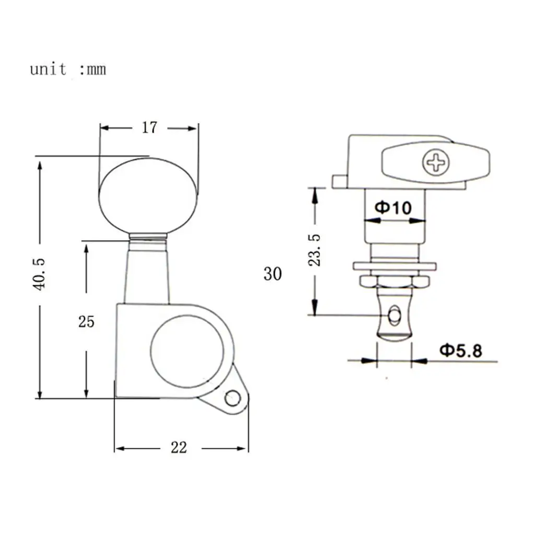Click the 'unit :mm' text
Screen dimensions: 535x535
point(68,69)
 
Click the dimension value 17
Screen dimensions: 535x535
point(149,127)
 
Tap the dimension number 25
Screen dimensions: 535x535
point(86,322)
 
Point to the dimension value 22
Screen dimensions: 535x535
point(179,448)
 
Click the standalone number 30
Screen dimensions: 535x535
point(273,274)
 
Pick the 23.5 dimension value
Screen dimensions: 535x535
point(315,250)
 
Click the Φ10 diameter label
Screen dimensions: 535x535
point(393,207)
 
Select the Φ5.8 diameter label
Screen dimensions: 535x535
point(461,351)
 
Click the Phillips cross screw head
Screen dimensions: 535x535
point(436,162)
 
